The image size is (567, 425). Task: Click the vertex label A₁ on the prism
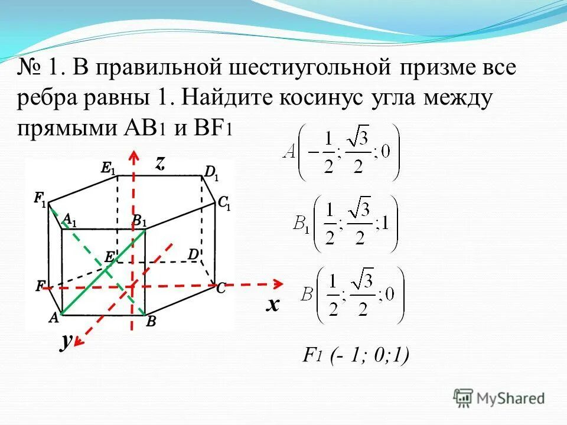[x=70, y=220]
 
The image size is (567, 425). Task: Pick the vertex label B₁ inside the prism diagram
[x=139, y=221]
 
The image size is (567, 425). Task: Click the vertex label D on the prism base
[x=193, y=254]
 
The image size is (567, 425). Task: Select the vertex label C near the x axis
[x=220, y=289]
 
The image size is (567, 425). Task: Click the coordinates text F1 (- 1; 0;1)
[x=356, y=355]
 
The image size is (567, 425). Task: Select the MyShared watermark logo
[x=499, y=397]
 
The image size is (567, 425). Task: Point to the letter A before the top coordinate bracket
[x=289, y=152]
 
